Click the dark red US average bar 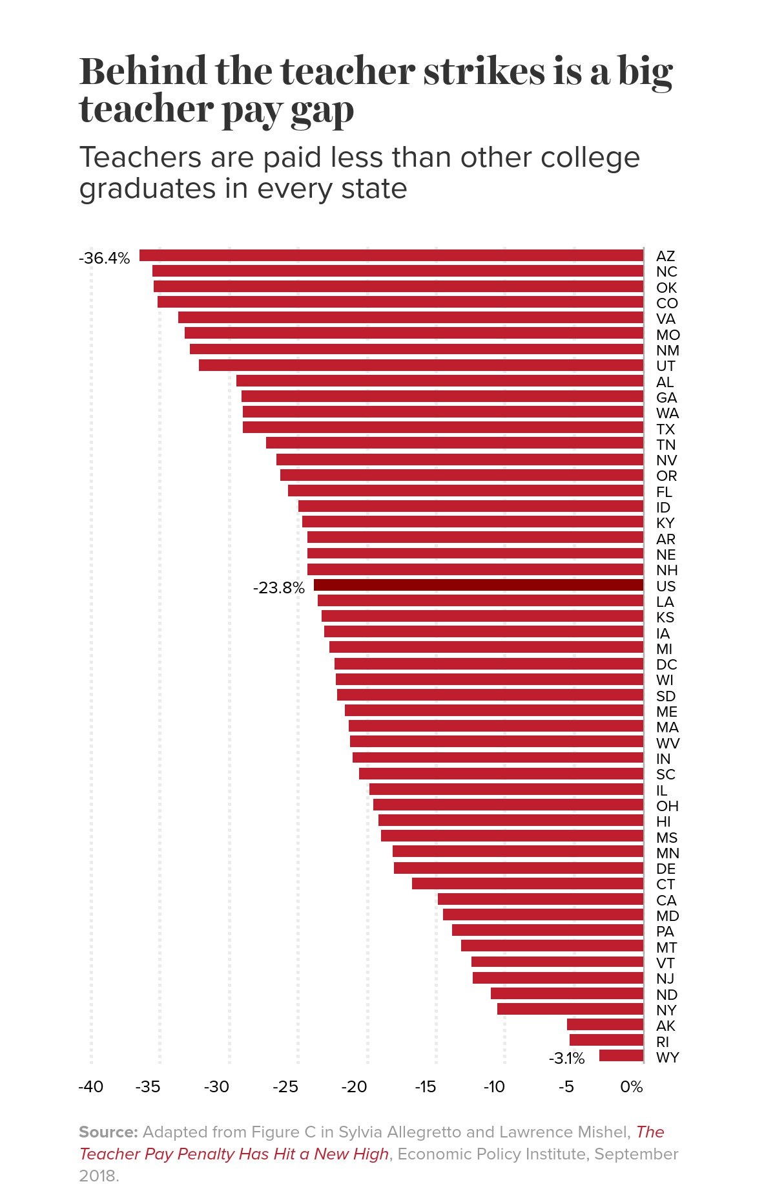(x=478, y=586)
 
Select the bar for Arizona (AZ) (x=391, y=256)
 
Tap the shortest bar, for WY (x=621, y=1056)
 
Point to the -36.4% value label (x=104, y=259)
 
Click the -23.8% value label (x=278, y=588)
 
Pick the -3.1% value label (x=566, y=1059)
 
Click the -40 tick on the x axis (x=90, y=1087)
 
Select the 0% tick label (x=631, y=1087)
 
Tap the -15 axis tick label (x=425, y=1087)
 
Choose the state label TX (x=665, y=429)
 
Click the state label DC (x=666, y=664)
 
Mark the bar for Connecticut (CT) (x=528, y=883)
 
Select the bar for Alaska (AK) (x=605, y=1024)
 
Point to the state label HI (x=663, y=821)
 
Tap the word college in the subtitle (x=590, y=158)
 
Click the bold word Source (x=108, y=1132)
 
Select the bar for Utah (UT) (x=421, y=365)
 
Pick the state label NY (x=666, y=1010)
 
